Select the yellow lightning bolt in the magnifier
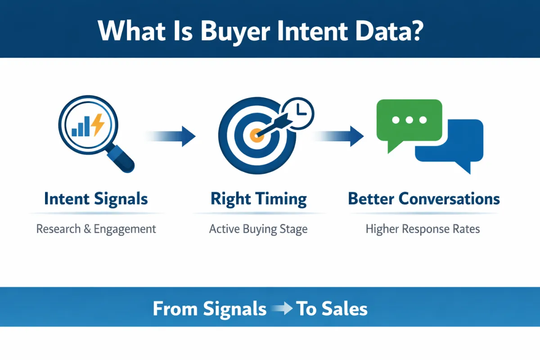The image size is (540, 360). point(97,125)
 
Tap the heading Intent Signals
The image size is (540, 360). point(96,198)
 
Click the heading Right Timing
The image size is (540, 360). point(259,199)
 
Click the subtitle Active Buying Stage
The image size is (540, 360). point(258,229)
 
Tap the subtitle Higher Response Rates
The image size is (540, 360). point(423,229)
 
